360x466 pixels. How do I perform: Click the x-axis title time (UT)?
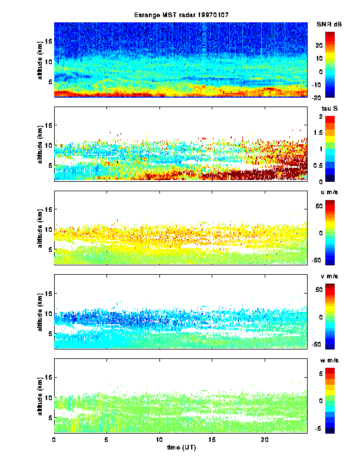click(180, 449)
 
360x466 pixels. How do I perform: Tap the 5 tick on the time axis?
click(106, 440)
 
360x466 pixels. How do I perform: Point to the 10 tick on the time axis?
click(159, 440)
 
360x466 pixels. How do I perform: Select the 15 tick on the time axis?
click(212, 440)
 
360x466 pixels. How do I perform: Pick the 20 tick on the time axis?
click(265, 440)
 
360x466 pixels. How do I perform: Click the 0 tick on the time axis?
click(54, 440)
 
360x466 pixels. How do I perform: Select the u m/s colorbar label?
click(327, 193)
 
